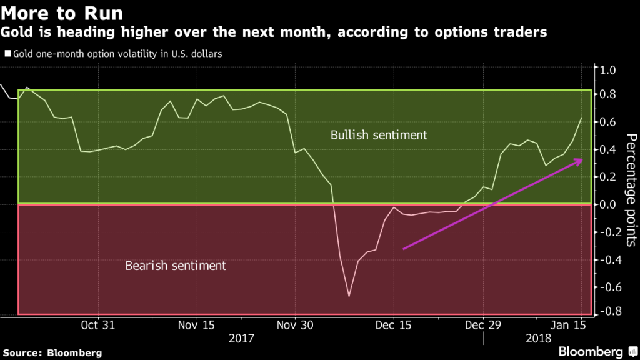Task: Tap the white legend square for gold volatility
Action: click(x=7, y=54)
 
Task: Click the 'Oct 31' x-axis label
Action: click(x=99, y=325)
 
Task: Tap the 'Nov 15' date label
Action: click(x=197, y=325)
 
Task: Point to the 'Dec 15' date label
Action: click(x=393, y=325)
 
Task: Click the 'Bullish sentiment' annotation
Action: click(x=378, y=135)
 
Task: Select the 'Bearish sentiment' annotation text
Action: click(x=176, y=266)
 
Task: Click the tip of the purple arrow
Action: click(x=582, y=159)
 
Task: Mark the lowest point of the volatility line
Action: click(x=349, y=296)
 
